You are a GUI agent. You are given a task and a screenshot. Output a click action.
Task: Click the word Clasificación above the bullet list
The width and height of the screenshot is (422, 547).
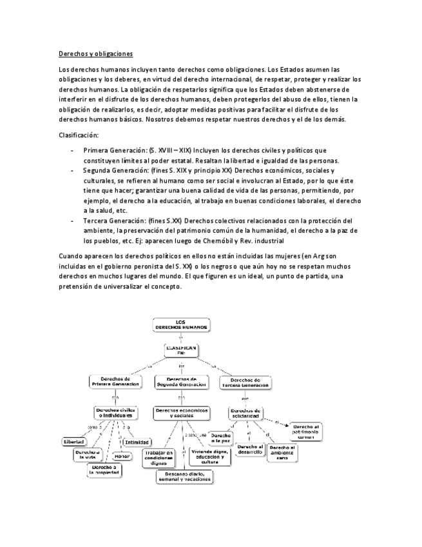pyautogui.click(x=78, y=136)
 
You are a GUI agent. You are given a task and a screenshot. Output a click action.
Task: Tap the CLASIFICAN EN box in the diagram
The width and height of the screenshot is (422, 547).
pyautogui.click(x=181, y=351)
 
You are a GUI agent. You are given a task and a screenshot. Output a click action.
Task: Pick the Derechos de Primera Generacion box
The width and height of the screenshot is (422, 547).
pyautogui.click(x=116, y=382)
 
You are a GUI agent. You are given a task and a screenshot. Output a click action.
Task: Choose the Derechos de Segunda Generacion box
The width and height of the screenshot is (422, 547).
pyautogui.click(x=182, y=382)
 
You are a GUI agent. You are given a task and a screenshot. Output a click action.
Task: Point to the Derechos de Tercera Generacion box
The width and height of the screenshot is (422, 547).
pyautogui.click(x=245, y=382)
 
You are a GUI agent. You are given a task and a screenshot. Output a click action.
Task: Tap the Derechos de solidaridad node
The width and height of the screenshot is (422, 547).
pyautogui.click(x=245, y=413)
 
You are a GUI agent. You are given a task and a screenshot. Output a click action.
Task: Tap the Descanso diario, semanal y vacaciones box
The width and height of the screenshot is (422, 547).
pyautogui.click(x=184, y=477)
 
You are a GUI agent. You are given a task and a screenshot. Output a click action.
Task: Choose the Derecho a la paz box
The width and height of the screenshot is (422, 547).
pyautogui.click(x=220, y=439)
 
